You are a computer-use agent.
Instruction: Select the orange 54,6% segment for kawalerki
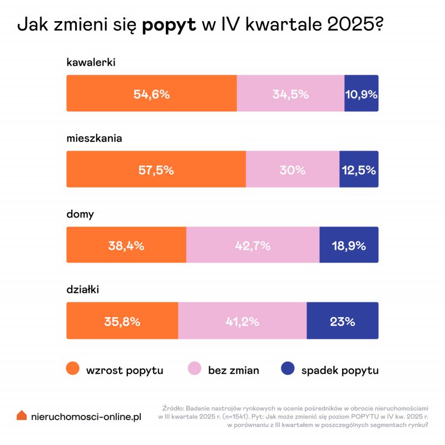[x=151, y=93]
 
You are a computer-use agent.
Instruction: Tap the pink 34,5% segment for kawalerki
[x=290, y=93]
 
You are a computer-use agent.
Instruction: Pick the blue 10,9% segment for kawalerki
[x=362, y=93]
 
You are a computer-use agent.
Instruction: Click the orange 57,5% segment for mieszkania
[x=156, y=170]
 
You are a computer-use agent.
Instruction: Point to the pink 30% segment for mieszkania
[x=293, y=170]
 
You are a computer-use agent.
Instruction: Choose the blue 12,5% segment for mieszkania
[x=359, y=170]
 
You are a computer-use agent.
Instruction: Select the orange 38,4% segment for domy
[x=126, y=245]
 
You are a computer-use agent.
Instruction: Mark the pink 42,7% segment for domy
[x=253, y=245]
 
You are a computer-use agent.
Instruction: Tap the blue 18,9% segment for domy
[x=349, y=245]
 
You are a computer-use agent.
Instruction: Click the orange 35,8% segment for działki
[x=122, y=321]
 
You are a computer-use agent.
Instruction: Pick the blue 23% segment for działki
[x=342, y=321]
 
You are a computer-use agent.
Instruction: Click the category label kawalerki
[x=91, y=62]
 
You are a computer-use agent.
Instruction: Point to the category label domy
[x=80, y=214]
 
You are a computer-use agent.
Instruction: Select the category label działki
[x=82, y=290]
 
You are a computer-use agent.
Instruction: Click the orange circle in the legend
[x=72, y=369]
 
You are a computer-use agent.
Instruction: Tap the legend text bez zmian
[x=234, y=370]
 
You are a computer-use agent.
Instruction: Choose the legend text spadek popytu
[x=340, y=370]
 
